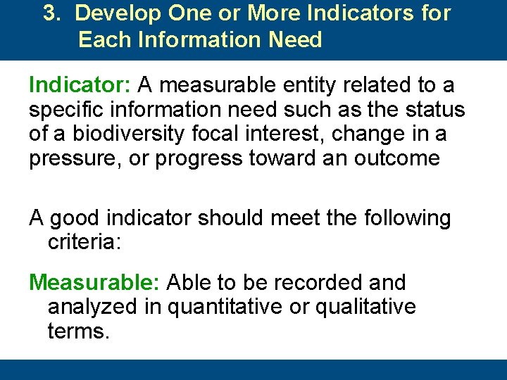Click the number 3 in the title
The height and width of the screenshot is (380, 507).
(49, 14)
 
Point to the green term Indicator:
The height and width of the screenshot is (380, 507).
(80, 86)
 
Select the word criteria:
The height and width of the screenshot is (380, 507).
(84, 243)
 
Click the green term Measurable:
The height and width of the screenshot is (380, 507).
(96, 283)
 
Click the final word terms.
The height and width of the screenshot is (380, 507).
(78, 331)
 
